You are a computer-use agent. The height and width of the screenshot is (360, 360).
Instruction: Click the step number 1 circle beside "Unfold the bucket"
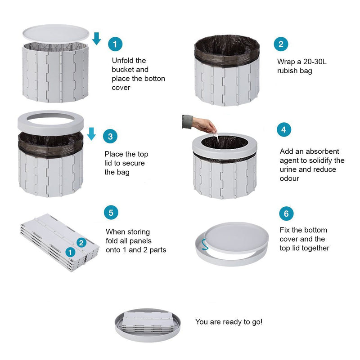(x=115, y=44)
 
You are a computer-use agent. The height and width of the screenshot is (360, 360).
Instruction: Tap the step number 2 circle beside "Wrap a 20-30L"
(x=281, y=44)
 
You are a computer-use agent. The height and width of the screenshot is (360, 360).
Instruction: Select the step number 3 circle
(x=110, y=137)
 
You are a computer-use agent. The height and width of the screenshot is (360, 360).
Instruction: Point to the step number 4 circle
(x=284, y=130)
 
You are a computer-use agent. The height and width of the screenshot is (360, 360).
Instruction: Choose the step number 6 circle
(x=286, y=213)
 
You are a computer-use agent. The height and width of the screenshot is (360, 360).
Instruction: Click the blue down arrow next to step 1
(x=96, y=39)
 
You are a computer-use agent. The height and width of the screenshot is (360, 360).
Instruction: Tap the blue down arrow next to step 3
(x=91, y=134)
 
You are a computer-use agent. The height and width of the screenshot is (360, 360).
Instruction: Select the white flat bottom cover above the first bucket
(x=56, y=34)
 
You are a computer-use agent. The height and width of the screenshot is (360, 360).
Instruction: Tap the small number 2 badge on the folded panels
(x=81, y=243)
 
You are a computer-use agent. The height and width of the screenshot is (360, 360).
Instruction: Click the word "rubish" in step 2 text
(x=288, y=71)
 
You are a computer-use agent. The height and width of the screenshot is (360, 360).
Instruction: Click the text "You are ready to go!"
(x=229, y=322)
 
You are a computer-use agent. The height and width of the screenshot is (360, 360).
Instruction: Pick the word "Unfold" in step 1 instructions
(x=122, y=60)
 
